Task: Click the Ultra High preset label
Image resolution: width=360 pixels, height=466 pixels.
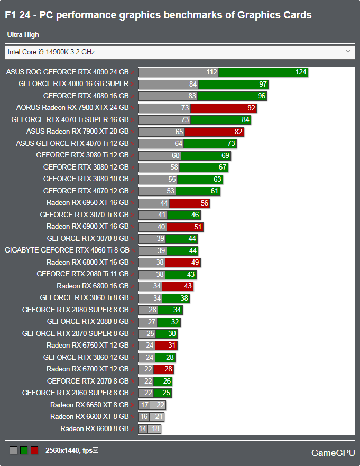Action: [x=23, y=35]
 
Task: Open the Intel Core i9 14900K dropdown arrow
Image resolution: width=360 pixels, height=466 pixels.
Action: [x=348, y=52]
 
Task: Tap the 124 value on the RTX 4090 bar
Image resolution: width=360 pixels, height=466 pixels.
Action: [x=301, y=72]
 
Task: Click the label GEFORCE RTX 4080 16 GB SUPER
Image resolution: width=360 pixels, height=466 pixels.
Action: [x=73, y=84]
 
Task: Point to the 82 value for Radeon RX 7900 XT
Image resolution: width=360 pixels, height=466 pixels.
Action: [x=238, y=132]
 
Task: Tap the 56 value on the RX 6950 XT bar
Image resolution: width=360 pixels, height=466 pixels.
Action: [x=204, y=203]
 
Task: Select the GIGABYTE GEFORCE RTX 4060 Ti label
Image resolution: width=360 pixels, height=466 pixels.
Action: [x=67, y=250]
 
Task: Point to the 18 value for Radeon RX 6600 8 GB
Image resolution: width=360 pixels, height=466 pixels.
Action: [x=155, y=429]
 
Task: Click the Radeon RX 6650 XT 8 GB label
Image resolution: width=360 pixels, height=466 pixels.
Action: [x=89, y=405]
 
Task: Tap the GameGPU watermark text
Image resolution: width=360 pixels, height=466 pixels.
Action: [x=333, y=453]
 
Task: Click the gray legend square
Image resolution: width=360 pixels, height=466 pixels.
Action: [x=14, y=451]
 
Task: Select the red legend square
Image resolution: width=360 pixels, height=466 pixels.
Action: [x=34, y=451]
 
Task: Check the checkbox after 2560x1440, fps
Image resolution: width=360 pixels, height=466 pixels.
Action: [x=96, y=450]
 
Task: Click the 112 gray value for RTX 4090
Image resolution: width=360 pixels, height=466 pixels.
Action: [x=212, y=72]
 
